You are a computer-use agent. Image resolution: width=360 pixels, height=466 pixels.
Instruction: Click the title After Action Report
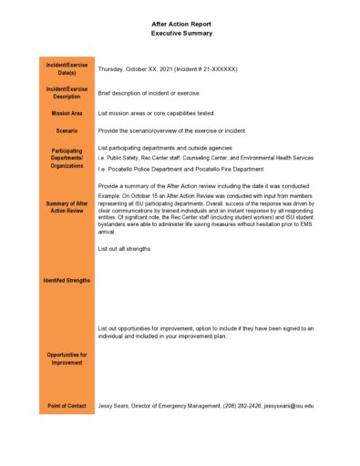tap(181, 25)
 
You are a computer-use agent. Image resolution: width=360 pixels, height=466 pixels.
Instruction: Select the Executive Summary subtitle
tap(181, 34)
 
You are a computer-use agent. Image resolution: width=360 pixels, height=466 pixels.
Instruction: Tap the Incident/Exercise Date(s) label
tap(67, 68)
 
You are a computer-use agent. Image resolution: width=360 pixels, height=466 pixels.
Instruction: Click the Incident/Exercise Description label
tap(67, 92)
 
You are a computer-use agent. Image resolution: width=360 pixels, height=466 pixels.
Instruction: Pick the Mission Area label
tap(67, 113)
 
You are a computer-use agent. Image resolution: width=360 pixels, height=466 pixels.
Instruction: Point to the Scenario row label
tap(67, 131)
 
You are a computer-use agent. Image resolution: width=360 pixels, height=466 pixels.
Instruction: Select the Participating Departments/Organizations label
tap(67, 159)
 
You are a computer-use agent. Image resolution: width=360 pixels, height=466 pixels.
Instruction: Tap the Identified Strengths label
tap(67, 280)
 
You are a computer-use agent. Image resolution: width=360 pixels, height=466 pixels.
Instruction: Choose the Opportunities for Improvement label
tap(67, 357)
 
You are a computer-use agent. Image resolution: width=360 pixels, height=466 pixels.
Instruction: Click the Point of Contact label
tap(67, 405)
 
